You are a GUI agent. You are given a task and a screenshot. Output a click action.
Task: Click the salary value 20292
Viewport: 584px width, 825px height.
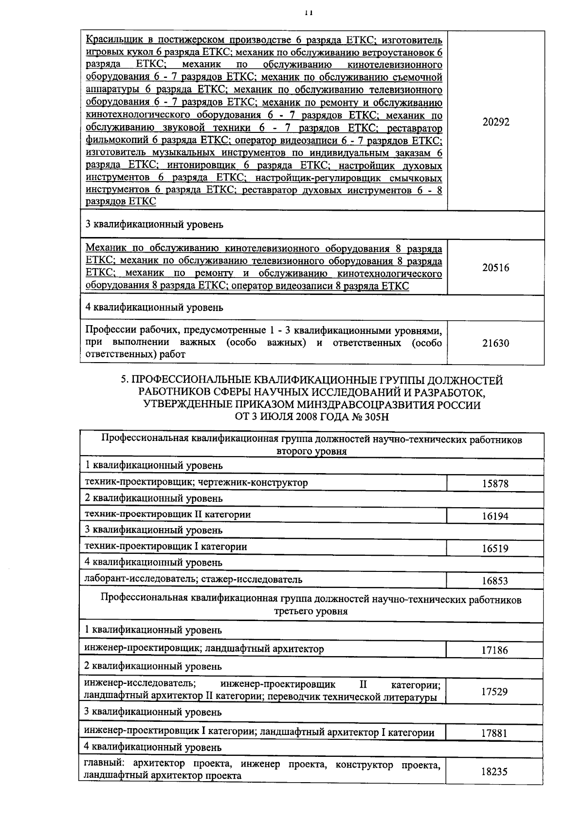(495, 122)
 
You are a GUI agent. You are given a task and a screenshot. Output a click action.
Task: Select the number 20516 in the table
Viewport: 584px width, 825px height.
(495, 268)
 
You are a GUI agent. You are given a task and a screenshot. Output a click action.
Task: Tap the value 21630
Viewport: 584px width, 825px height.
(495, 343)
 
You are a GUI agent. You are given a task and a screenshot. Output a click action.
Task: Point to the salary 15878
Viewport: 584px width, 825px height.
(495, 484)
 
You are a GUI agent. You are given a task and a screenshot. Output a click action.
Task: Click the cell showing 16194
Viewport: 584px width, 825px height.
(495, 516)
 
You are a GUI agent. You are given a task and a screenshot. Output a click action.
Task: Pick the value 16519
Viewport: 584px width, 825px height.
(495, 549)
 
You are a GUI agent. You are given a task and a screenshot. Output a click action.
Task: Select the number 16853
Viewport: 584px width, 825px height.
(495, 581)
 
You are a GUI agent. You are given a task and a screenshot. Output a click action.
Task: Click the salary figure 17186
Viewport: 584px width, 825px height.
(495, 650)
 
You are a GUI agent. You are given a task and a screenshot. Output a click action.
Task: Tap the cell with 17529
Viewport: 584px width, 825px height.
(495, 691)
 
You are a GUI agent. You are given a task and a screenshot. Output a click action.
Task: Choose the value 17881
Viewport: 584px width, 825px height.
(495, 733)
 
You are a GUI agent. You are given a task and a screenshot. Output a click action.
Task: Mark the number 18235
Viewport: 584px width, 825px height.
(495, 771)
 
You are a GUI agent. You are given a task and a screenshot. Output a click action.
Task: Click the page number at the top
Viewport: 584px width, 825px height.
(308, 13)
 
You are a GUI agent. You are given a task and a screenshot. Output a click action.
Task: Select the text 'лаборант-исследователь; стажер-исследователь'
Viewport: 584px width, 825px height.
(193, 579)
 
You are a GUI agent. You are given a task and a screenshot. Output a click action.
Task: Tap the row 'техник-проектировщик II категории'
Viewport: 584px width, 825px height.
(167, 514)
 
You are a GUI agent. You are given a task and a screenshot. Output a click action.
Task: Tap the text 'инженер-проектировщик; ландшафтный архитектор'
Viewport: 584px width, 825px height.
(204, 649)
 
